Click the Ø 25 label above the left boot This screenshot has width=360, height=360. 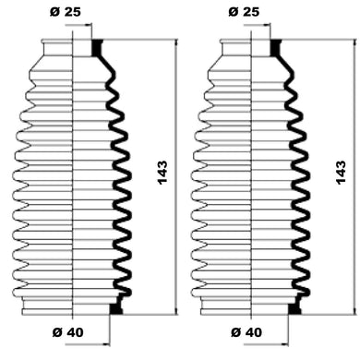[65, 12]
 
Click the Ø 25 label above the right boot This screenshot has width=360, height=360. [244, 12]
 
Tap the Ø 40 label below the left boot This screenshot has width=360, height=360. [67, 332]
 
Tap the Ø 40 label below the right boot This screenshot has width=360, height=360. [246, 332]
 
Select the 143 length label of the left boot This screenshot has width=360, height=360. [162, 173]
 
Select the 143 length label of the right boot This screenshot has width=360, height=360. [341, 173]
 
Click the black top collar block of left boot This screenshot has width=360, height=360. [97, 48]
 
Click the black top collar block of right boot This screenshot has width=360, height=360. [276, 48]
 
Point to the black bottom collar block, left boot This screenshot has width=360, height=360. [116, 308]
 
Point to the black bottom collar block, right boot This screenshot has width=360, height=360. [294, 308]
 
